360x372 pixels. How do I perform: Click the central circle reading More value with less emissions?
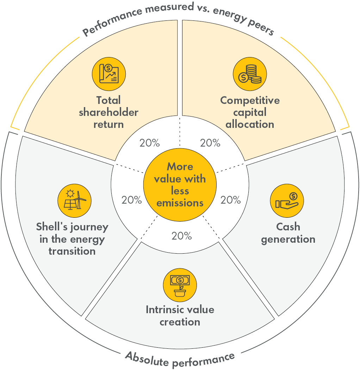pos(180,185)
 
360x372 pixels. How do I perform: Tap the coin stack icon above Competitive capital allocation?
pos(250,74)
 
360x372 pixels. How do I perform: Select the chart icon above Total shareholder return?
pos(109,74)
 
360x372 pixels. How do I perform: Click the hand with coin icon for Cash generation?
pos(287,201)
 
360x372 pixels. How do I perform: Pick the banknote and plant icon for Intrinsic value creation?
pos(180,285)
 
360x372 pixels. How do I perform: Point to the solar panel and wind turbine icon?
pos(74,200)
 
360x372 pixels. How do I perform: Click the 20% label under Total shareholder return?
pos(150,143)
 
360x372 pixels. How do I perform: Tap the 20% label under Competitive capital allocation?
pos(210,143)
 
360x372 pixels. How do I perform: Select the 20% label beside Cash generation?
pos(231,200)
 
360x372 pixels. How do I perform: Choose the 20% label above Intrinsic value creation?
pos(181,236)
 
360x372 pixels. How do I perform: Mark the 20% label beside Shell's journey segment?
pos(131,200)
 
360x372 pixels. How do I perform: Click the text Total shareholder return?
pos(109,112)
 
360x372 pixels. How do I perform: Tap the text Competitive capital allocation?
pos(250,112)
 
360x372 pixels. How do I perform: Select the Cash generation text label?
pos(288,233)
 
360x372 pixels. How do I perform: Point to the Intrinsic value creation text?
pos(180,316)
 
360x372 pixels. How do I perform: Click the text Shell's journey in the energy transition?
pos(72,239)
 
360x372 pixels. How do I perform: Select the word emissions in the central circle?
pos(180,203)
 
